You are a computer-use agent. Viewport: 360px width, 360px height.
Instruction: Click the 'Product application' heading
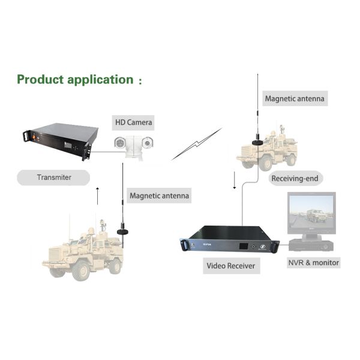click(75, 79)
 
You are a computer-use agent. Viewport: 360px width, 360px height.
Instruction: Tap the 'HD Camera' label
click(134, 122)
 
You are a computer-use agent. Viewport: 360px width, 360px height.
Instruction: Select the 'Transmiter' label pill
click(53, 177)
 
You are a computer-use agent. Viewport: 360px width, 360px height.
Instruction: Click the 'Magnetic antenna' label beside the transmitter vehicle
click(160, 196)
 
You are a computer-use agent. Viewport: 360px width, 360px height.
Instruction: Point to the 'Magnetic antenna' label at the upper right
click(295, 97)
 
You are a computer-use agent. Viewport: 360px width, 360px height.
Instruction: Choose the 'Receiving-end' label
click(294, 178)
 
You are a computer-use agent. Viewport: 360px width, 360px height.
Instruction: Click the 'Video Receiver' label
click(231, 265)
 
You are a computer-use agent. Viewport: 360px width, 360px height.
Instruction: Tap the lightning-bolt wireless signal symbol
click(196, 144)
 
